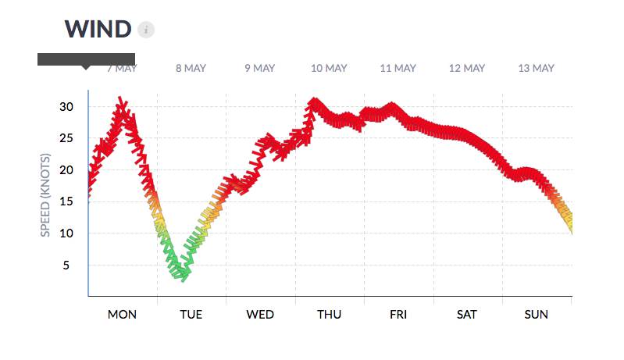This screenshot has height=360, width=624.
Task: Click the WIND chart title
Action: [98, 29]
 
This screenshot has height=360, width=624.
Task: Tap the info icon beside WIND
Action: [146, 30]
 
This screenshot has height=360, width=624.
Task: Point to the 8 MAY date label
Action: [191, 68]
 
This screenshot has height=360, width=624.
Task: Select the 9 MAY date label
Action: [259, 68]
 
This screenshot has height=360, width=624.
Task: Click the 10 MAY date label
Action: [329, 68]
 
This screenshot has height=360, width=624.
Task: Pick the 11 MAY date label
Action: [398, 68]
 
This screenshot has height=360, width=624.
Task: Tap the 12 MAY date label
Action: [466, 68]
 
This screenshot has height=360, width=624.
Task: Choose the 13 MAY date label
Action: [536, 68]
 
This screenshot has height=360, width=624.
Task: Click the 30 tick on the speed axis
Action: [66, 106]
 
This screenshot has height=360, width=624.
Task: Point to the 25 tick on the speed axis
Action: [66, 138]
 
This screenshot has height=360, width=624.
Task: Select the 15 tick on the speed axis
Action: [66, 201]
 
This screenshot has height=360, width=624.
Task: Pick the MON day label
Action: [122, 315]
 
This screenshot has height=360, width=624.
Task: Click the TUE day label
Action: [191, 315]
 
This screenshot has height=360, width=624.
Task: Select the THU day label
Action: [329, 315]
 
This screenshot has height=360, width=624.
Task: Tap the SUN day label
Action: [536, 315]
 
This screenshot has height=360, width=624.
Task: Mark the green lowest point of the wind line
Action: [183, 274]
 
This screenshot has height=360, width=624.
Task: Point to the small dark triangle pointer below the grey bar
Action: [86, 68]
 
